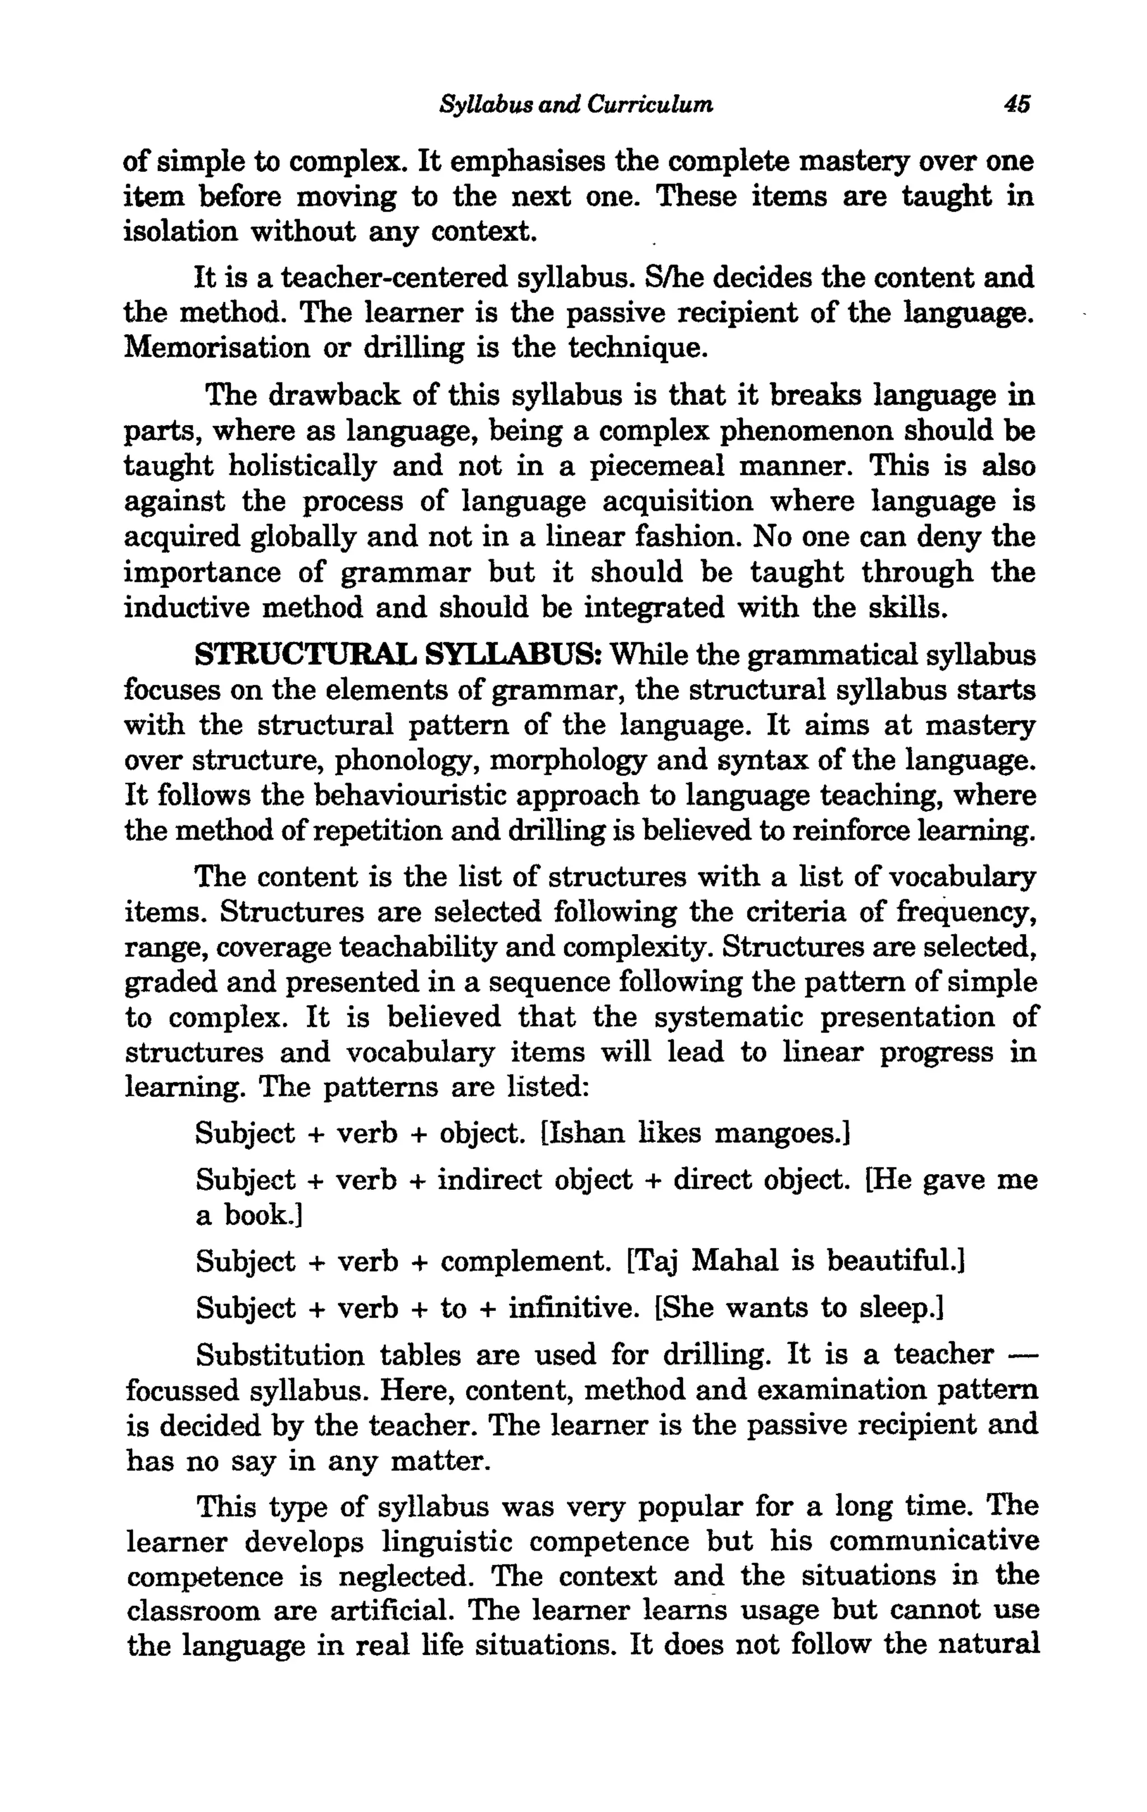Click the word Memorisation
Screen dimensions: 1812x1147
[x=216, y=348]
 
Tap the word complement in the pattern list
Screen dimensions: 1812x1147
[x=525, y=1260]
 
